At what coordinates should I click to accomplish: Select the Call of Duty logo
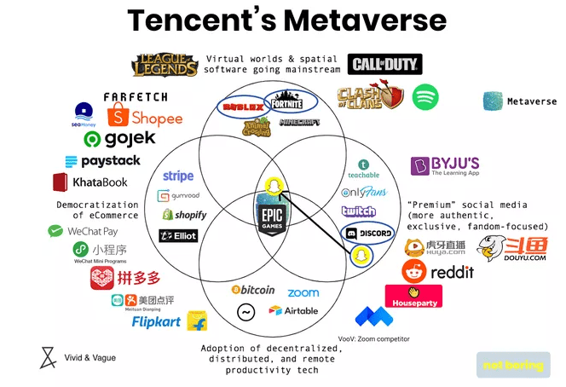(x=384, y=64)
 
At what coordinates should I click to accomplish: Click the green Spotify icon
(x=425, y=97)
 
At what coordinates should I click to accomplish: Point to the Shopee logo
(x=145, y=117)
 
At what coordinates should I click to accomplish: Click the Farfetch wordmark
(x=136, y=97)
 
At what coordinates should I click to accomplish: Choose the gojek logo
(x=119, y=138)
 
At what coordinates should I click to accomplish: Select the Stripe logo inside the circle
(x=178, y=176)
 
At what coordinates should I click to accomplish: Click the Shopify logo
(x=184, y=215)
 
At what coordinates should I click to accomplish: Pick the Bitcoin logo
(x=253, y=290)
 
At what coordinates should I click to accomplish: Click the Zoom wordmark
(x=303, y=292)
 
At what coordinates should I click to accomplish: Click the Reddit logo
(x=438, y=272)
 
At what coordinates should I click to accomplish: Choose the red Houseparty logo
(x=413, y=296)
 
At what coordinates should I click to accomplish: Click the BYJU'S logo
(x=445, y=165)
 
